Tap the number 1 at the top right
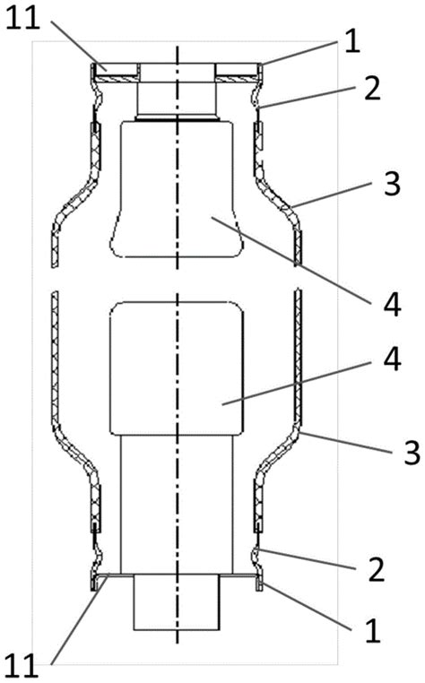click(352, 42)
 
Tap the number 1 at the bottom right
click(372, 631)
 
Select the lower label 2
click(377, 569)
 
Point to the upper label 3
click(391, 184)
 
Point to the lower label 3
click(411, 452)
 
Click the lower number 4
click(392, 359)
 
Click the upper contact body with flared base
click(177, 189)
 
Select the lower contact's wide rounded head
click(177, 368)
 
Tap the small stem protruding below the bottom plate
click(177, 602)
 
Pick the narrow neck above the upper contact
click(177, 99)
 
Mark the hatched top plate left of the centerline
click(117, 78)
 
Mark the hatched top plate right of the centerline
click(237, 78)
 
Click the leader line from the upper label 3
click(332, 194)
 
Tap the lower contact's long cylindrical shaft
click(177, 505)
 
